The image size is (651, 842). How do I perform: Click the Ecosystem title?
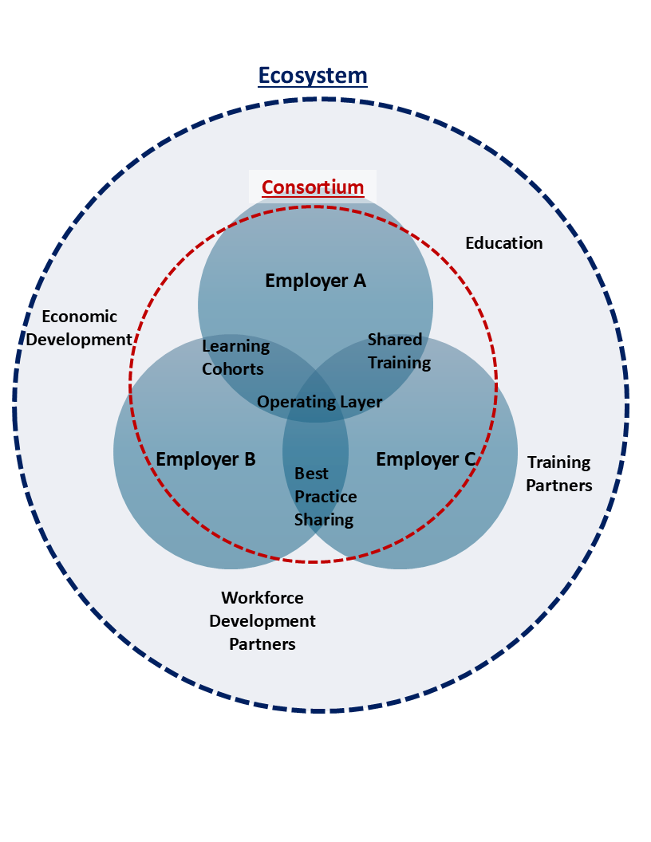pos(313,76)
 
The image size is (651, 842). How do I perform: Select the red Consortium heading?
pos(313,188)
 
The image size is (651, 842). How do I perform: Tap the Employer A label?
pos(315,281)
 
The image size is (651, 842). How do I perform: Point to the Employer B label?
pos(206,459)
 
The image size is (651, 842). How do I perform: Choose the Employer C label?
pos(426,459)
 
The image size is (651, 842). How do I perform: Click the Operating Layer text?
pos(319,402)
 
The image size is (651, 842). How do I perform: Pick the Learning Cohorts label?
pos(235,358)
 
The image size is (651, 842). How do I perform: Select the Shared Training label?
pos(398,352)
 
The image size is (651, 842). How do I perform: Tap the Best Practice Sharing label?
pos(325,497)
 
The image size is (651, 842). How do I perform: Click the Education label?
pos(503,243)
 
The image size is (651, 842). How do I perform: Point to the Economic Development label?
pos(79,329)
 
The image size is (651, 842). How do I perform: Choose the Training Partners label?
pos(559,474)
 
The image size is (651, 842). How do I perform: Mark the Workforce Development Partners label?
pos(262,620)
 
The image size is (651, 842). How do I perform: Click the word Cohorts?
pos(232,369)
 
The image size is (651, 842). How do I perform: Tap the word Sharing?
pos(324,520)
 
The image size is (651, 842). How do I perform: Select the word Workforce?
pos(262,597)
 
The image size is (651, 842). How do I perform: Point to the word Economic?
pos(79,317)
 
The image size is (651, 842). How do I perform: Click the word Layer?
pos(361,402)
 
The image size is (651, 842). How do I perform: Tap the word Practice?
pos(325,497)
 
